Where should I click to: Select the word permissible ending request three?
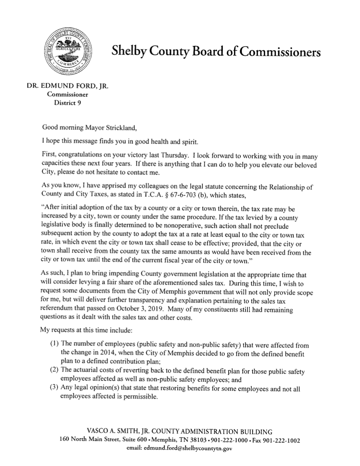[140, 397]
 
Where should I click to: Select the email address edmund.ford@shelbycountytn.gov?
[189, 449]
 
